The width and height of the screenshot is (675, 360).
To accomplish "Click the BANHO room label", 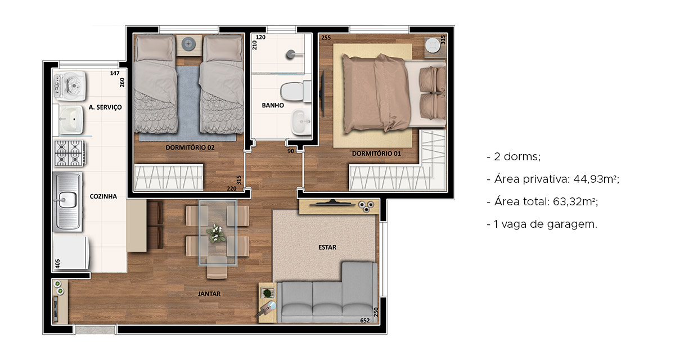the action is click(273, 105).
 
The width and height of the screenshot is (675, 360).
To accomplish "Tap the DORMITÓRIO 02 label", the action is click(190, 147).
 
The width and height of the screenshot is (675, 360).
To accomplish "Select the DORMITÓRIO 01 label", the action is click(376, 154).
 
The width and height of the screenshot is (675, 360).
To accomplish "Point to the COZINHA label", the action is click(103, 196).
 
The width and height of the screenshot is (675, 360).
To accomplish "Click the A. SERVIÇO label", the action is click(105, 107).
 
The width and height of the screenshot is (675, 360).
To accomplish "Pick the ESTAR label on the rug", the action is click(327, 247).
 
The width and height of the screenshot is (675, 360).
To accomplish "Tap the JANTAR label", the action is click(209, 294).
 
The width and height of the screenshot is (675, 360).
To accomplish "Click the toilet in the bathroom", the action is click(296, 92).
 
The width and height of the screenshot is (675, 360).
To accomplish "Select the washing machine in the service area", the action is click(70, 86).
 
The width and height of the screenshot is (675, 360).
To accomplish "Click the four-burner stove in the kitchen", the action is click(70, 153).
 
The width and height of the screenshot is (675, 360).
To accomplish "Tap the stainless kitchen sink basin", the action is click(67, 200).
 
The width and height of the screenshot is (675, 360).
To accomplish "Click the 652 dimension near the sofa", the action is click(365, 321).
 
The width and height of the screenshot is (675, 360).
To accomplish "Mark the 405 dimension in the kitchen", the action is click(58, 264).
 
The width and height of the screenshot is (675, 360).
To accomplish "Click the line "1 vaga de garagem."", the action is click(545, 224).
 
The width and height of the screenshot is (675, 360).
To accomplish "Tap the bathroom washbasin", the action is click(301, 122).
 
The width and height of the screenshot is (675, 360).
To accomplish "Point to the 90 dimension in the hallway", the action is click(290, 151).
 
